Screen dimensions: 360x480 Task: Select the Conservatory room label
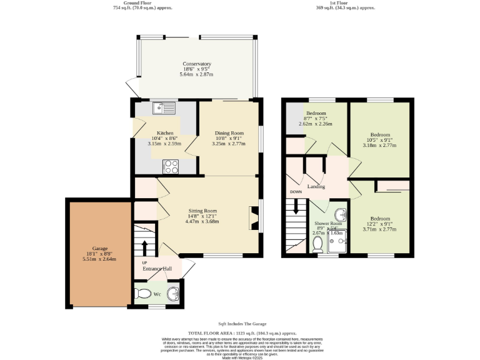[197, 64]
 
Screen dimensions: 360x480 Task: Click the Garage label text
[100, 248]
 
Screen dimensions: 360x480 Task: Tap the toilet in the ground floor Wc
[144, 294]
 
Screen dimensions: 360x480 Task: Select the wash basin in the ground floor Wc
[174, 293]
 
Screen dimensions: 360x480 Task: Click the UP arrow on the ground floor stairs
[144, 245]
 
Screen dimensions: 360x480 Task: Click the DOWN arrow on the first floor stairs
[296, 208]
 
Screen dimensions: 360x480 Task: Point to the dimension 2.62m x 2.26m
[316, 124]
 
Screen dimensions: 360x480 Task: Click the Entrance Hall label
[156, 269]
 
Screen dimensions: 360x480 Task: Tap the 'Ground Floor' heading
[143, 2]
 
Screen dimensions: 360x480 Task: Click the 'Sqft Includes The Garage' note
[242, 324]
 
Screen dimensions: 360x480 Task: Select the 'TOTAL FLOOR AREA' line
[242, 334]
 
